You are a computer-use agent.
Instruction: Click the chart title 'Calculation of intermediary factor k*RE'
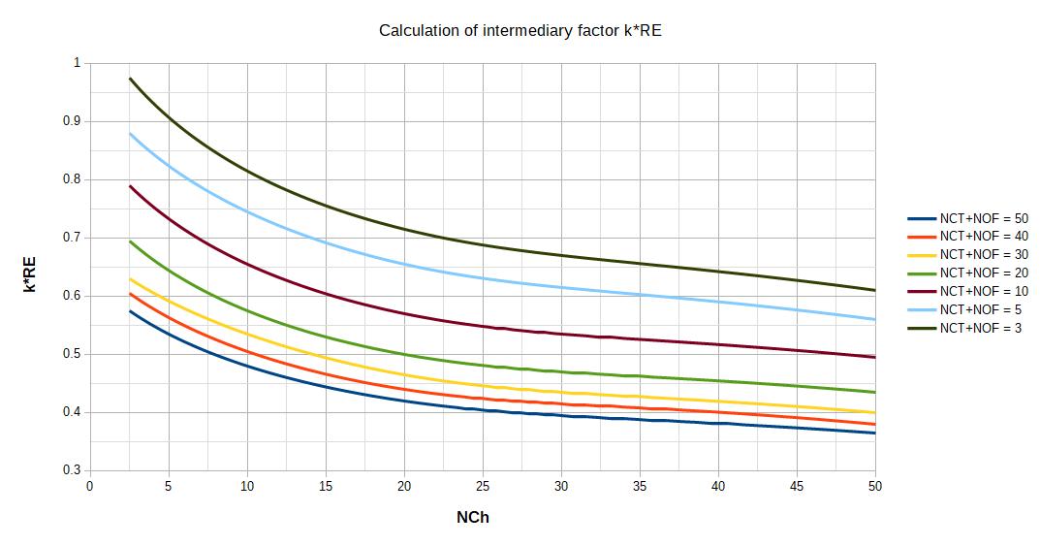(520, 31)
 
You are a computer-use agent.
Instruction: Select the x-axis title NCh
(473, 518)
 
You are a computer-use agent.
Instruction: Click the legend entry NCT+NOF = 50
(983, 218)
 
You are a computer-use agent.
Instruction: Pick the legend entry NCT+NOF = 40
(983, 237)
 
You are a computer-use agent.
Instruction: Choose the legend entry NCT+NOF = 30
(983, 255)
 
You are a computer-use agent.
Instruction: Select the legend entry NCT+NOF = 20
(983, 273)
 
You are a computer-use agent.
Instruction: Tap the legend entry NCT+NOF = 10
(983, 292)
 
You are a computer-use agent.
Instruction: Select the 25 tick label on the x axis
(483, 487)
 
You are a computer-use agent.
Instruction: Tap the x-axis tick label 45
(797, 487)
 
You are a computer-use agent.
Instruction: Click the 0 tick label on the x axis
(90, 487)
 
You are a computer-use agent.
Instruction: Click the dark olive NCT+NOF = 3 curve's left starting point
(130, 79)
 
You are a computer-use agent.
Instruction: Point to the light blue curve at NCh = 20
(404, 265)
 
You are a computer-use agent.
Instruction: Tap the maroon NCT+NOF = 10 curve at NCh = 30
(561, 334)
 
